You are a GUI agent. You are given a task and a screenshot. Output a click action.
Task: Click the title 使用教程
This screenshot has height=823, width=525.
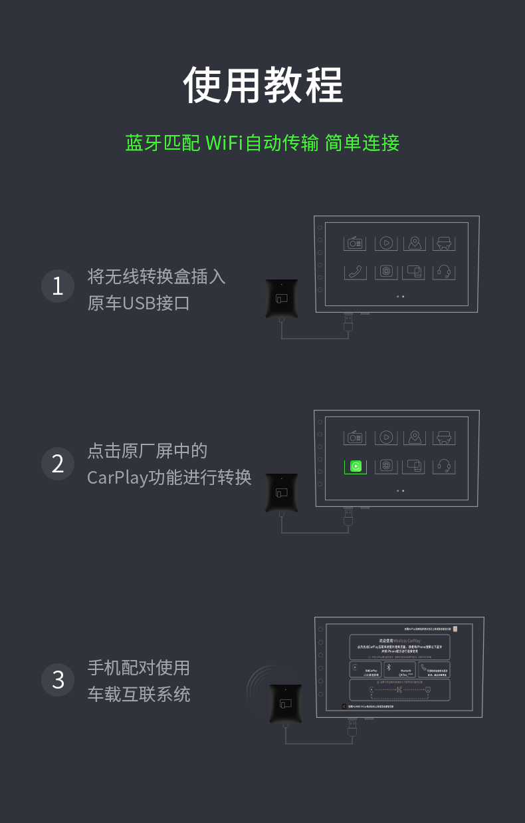tap(262, 84)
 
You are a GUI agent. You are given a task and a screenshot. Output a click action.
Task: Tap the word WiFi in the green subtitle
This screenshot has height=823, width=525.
tap(224, 143)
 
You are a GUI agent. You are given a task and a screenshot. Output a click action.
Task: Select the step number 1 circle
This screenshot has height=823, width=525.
tap(58, 286)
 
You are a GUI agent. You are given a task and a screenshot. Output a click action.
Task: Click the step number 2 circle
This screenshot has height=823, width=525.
tap(58, 464)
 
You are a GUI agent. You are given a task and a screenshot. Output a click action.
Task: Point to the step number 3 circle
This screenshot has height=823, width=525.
tap(58, 680)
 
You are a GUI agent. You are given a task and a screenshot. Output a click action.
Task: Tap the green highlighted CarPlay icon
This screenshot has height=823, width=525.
tap(356, 466)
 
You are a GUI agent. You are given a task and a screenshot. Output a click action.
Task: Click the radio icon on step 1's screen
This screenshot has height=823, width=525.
tap(356, 243)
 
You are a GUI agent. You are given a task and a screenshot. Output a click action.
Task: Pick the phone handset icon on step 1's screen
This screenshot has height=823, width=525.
tap(356, 272)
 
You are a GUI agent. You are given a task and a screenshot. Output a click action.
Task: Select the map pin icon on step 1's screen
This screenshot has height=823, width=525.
tap(415, 243)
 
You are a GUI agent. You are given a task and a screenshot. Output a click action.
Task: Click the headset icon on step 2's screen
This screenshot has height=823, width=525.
tap(445, 466)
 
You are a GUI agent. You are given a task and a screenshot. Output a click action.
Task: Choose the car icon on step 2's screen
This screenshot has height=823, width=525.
tap(445, 437)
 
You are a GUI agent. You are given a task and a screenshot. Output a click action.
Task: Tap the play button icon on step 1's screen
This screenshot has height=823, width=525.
tap(385, 243)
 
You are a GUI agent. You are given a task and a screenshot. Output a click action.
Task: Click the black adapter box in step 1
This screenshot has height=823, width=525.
tap(282, 298)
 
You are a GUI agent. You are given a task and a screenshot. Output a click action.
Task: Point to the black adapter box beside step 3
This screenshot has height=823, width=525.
tap(286, 703)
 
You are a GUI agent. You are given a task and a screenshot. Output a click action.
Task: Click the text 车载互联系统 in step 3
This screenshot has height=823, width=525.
tap(139, 695)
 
